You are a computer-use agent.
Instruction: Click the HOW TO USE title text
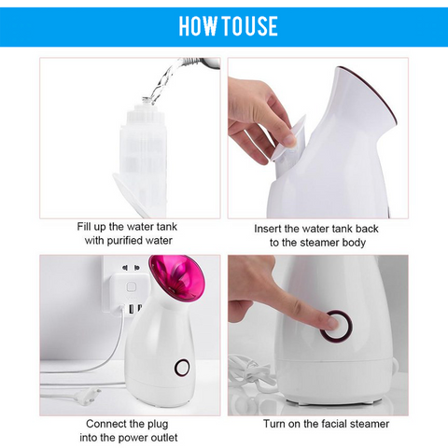tap(228, 26)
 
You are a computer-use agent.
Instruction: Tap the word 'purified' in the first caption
tap(125, 241)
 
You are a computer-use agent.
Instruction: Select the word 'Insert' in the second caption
tap(268, 229)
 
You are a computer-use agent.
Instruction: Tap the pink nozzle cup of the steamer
tap(176, 276)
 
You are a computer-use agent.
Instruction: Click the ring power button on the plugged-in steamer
tap(182, 368)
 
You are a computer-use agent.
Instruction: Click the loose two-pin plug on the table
tap(86, 396)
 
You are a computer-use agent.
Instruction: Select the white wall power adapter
tap(129, 292)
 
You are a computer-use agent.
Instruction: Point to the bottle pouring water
tap(199, 63)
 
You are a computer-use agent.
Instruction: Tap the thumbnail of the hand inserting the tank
tap(291, 141)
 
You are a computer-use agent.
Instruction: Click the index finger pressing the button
tap(308, 308)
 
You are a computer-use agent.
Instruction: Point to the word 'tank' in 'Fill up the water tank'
tap(167, 227)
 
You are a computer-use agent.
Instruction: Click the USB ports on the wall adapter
tap(134, 309)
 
